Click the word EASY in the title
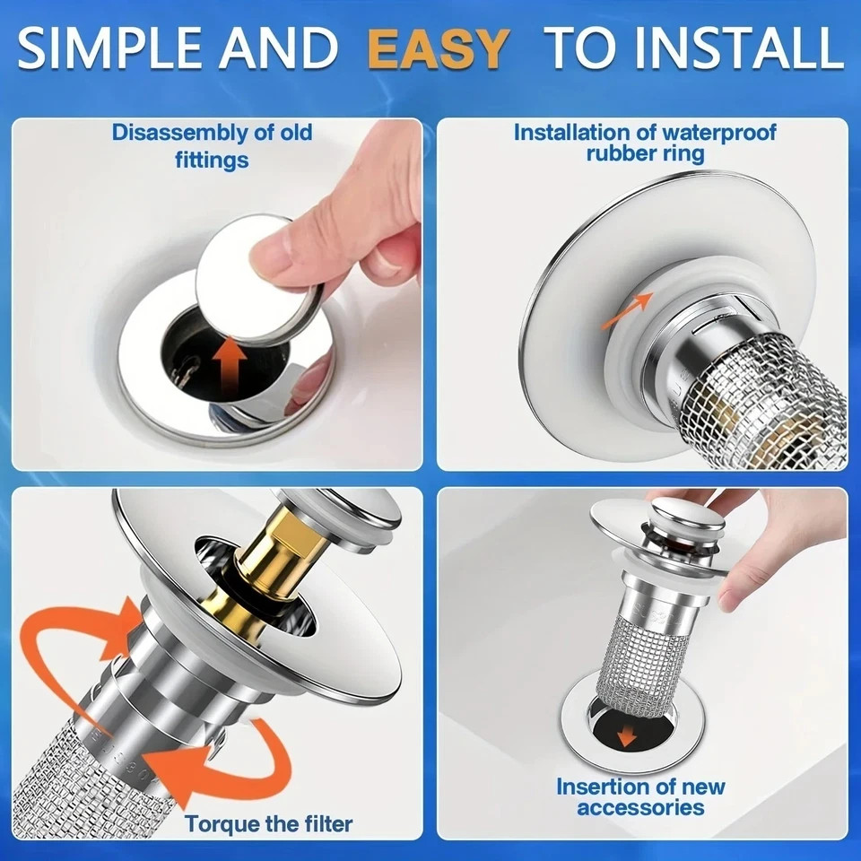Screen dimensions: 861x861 click(x=438, y=49)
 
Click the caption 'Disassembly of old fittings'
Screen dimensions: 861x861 click(x=213, y=146)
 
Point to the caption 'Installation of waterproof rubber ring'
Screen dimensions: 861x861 click(x=644, y=143)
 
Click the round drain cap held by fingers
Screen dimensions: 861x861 click(x=257, y=286)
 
